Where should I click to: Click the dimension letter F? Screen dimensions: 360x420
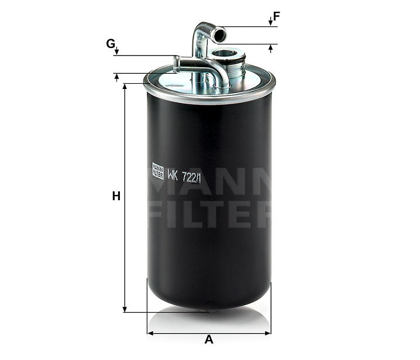point(277,16)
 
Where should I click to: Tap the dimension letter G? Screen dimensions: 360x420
point(110,43)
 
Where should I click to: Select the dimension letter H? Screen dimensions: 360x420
point(116,197)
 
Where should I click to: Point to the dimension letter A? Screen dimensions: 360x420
point(209,340)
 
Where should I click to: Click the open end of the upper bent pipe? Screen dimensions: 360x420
point(219,36)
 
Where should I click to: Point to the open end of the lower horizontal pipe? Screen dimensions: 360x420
point(175,60)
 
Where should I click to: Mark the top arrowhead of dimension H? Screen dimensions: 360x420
point(125,87)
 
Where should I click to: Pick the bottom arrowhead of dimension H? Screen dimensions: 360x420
point(125,308)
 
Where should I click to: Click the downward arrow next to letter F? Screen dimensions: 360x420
point(270,22)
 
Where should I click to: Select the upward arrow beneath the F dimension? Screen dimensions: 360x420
point(270,47)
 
